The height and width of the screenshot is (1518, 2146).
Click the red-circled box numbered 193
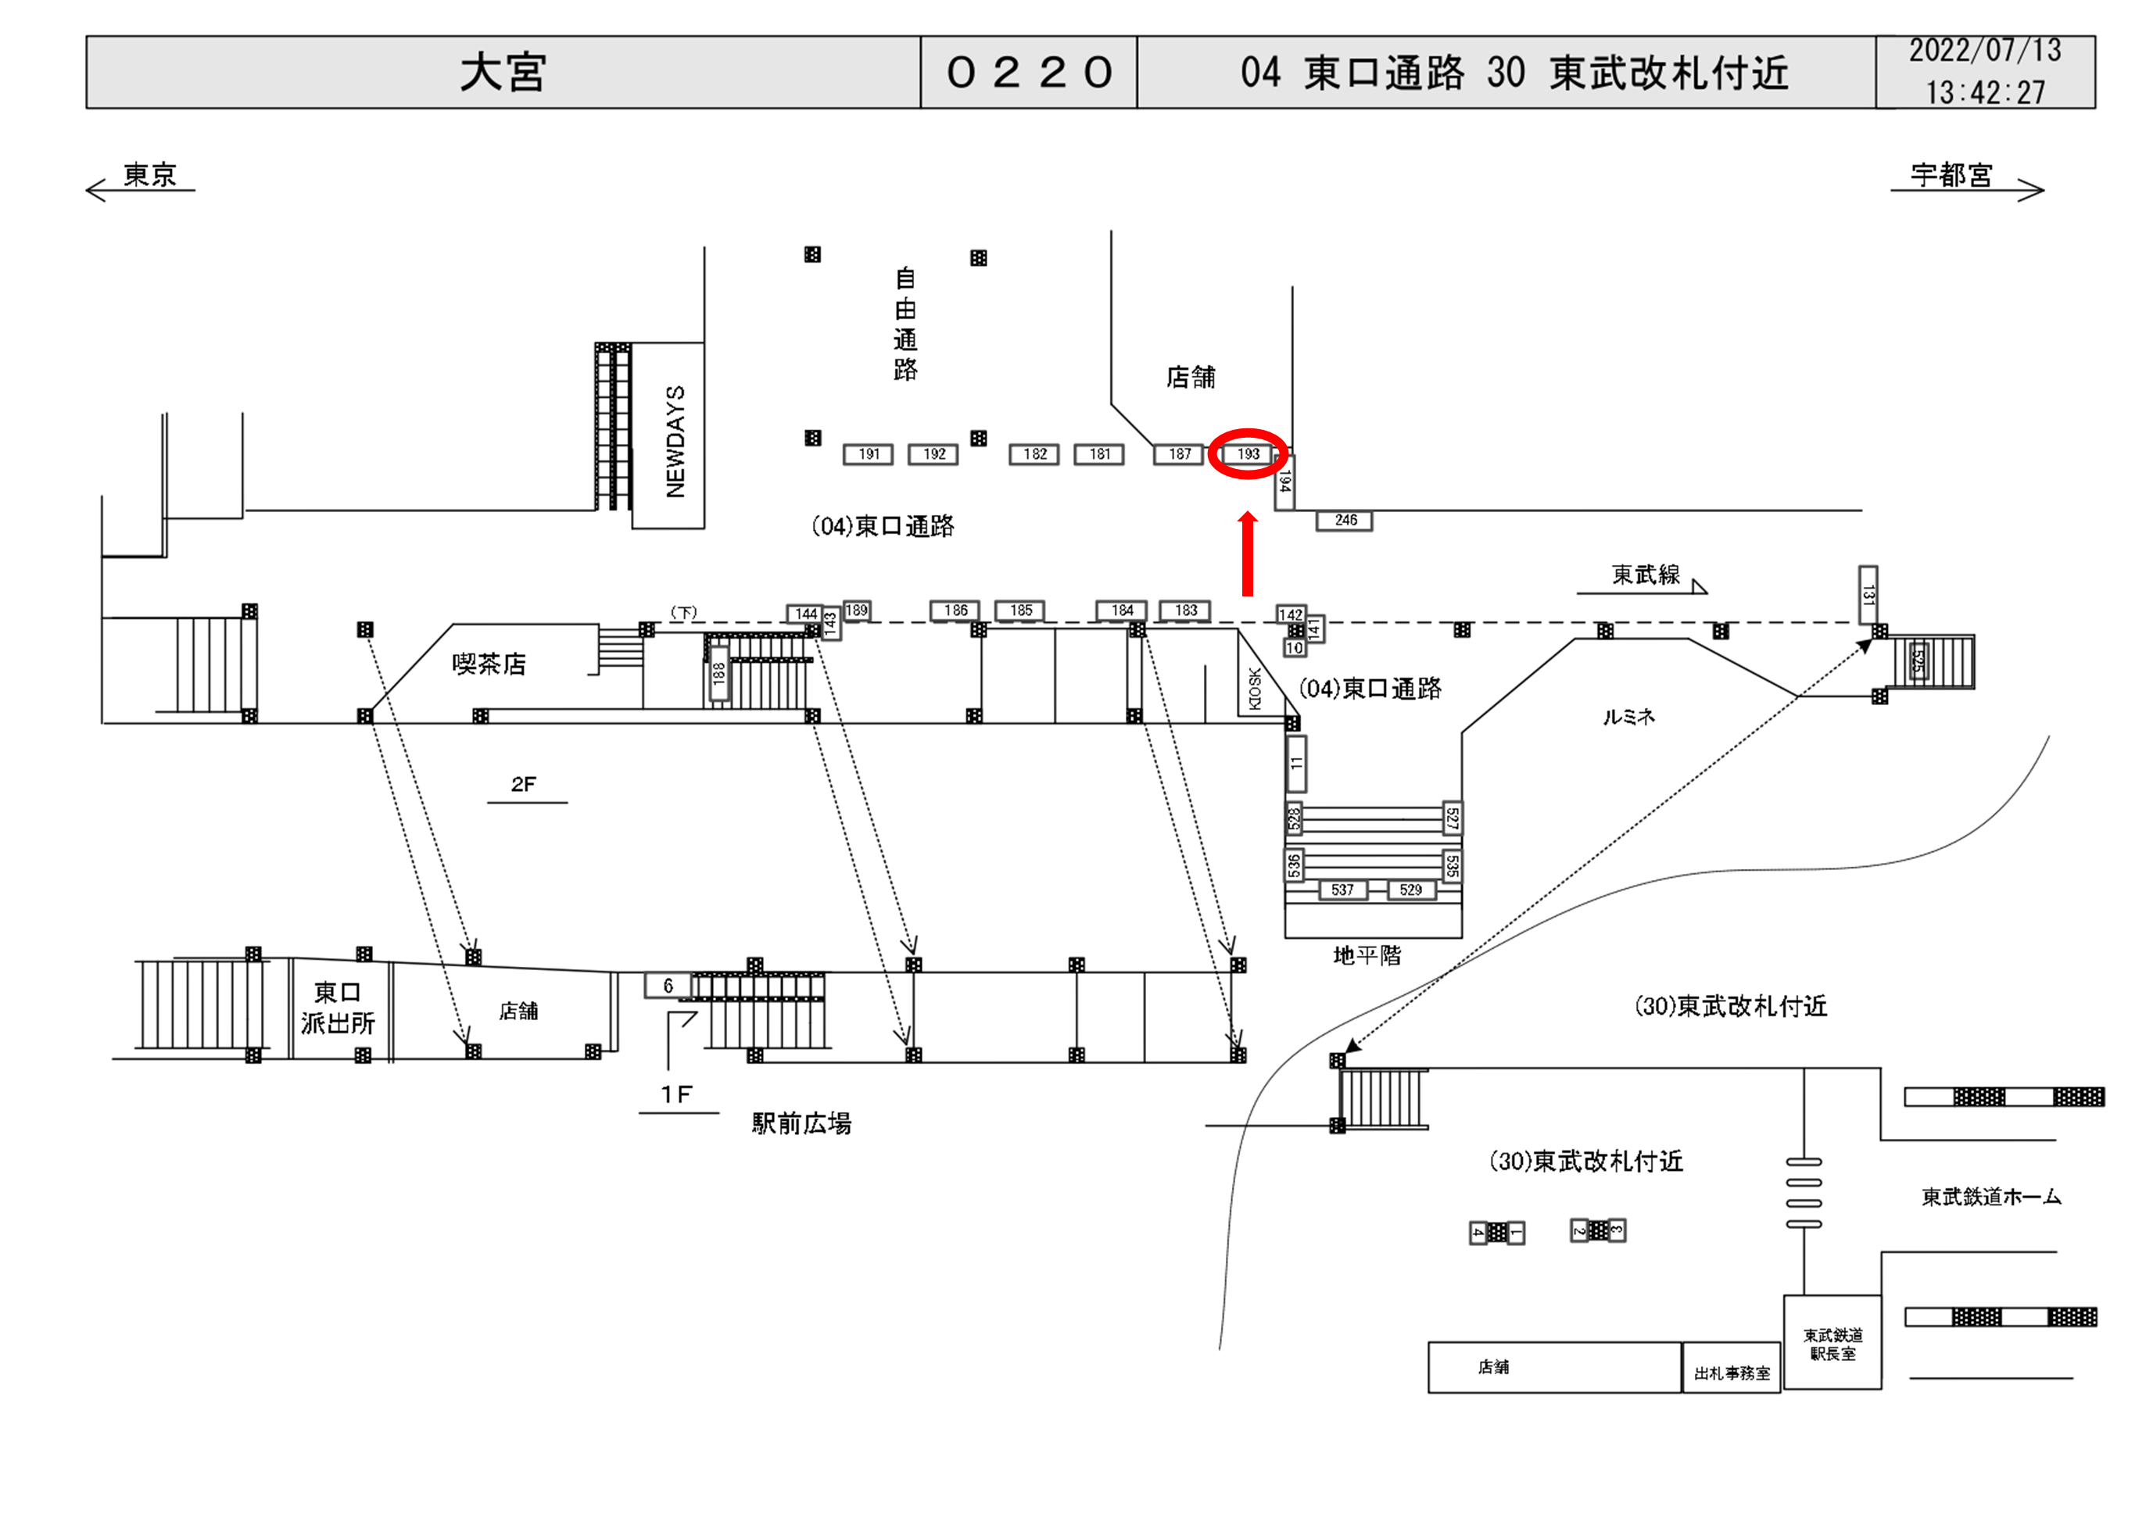click(1248, 454)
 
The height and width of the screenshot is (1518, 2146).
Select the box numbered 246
click(1345, 521)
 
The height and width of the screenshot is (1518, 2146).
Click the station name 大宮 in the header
click(503, 72)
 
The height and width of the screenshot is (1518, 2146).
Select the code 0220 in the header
click(1028, 72)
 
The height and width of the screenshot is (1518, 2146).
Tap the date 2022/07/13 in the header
click(1984, 52)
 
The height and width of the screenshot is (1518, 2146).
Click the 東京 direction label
click(149, 175)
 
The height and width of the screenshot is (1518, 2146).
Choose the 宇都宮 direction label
click(1951, 175)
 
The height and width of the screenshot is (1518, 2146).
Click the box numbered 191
click(869, 454)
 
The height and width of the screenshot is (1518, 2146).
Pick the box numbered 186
click(955, 610)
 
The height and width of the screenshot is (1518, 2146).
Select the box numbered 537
click(1342, 890)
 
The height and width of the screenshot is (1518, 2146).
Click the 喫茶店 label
click(489, 664)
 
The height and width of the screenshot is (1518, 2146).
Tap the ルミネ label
click(1628, 717)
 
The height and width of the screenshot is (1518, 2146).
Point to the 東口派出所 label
click(338, 1008)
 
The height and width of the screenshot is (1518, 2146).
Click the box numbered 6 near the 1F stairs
click(668, 986)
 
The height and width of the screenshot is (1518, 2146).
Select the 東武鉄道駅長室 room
click(1832, 1344)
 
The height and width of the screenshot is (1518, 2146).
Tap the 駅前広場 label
click(801, 1123)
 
